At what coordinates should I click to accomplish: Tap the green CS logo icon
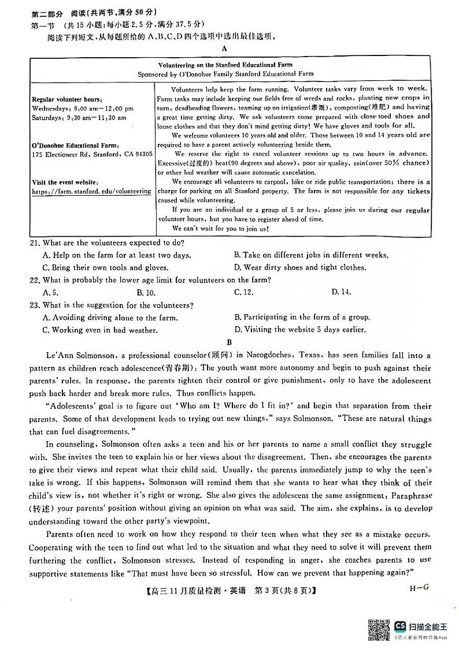(400, 626)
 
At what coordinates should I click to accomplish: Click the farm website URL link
(91, 191)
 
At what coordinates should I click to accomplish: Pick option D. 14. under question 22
(341, 293)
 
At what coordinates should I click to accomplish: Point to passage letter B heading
(230, 342)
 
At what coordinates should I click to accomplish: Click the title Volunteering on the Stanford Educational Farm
(229, 65)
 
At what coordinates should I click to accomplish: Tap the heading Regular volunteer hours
(67, 99)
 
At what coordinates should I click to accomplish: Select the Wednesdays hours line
(83, 108)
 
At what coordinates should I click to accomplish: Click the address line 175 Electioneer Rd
(92, 155)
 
